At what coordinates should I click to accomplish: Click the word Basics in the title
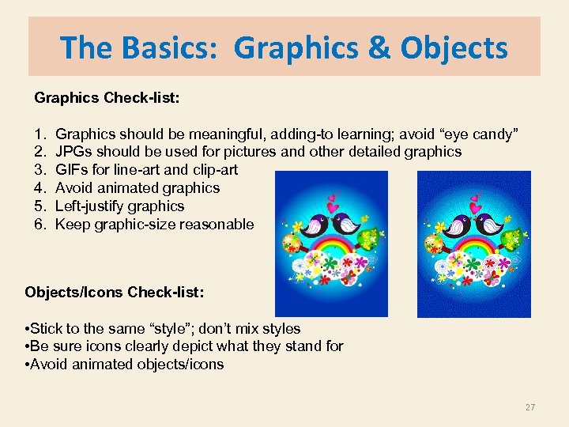(x=175, y=48)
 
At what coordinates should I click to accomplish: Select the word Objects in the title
(x=454, y=48)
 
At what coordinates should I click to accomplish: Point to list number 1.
(x=40, y=134)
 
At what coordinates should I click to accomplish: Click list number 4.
(x=40, y=188)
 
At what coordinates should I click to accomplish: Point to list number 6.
(x=40, y=225)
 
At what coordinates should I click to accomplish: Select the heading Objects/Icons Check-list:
(x=115, y=293)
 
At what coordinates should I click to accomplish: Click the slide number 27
(x=529, y=407)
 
